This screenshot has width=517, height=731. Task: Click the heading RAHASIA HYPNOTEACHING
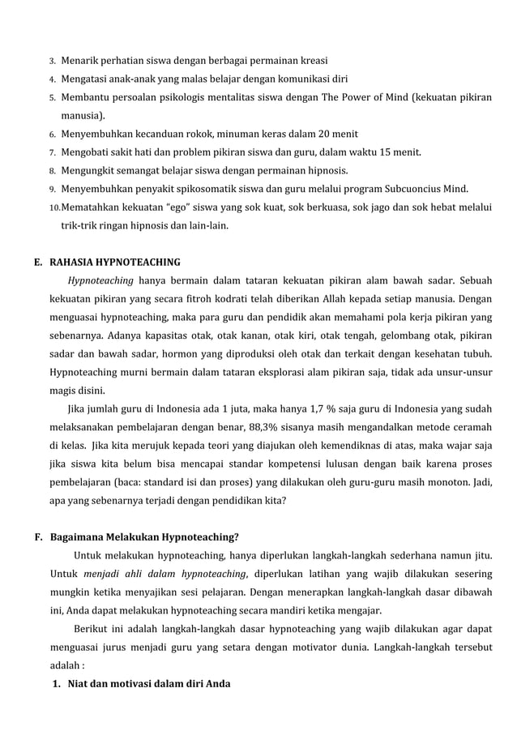point(115,262)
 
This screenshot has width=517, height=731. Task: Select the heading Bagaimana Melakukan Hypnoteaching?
point(144,536)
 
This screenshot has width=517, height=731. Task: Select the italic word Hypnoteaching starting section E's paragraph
point(100,281)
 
